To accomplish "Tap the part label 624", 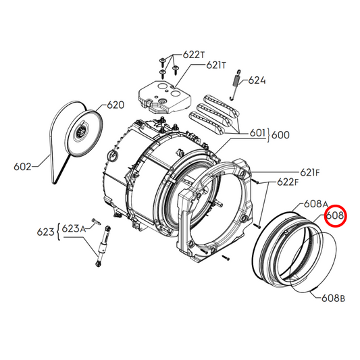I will coord(257,80).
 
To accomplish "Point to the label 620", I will coord(115,105).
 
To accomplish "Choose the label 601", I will coord(257,134).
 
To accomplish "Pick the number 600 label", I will coord(280,134).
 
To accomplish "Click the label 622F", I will coord(286,182).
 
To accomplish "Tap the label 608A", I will coord(315,203).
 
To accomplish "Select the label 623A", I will coord(74,228).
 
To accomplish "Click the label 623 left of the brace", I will coord(45,232).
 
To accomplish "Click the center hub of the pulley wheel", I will coord(82,132).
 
